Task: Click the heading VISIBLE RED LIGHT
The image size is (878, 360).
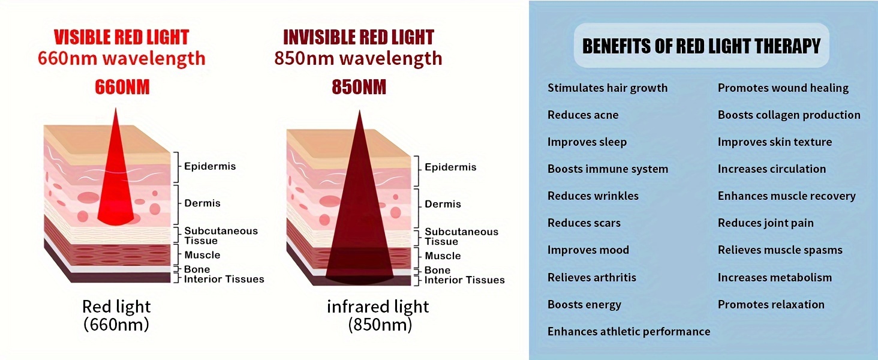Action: point(122,37)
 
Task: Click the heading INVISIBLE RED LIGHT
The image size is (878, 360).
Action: point(358,37)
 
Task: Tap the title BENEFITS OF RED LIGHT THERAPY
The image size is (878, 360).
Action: point(701,46)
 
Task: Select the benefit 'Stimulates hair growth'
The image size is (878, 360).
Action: point(608,88)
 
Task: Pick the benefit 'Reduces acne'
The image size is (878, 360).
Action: point(583,115)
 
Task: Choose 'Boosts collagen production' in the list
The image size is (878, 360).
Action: point(789,115)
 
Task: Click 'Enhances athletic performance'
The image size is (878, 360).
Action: point(629,332)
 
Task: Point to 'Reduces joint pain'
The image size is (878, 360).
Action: point(765,223)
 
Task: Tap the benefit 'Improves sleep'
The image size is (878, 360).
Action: point(587,142)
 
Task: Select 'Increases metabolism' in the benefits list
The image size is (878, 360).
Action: point(774,278)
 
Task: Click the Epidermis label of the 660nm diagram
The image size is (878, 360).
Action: point(210,166)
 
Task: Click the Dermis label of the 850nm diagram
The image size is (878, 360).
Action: point(443,204)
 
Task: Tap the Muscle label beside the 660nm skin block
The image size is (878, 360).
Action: point(202,255)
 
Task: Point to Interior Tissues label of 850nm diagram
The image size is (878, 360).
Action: point(464,280)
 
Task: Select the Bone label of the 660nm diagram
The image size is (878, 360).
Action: point(197,269)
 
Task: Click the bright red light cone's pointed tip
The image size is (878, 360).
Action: point(116,109)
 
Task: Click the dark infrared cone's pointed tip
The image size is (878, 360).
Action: point(359,111)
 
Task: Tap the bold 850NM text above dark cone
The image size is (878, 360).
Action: point(359,87)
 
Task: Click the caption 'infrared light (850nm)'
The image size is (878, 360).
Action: point(378,316)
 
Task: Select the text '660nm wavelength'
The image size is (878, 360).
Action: point(122,58)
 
